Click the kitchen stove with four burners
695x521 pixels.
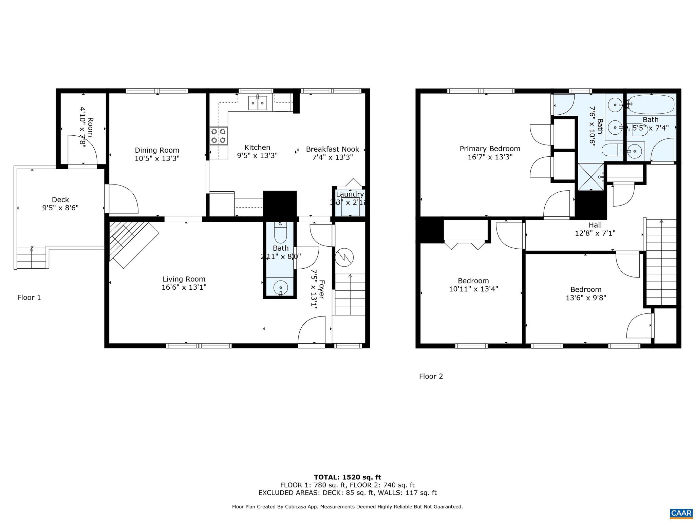[219, 136]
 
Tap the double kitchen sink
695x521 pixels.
[258, 103]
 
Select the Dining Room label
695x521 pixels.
[157, 150]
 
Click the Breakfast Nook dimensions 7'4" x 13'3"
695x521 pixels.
[333, 157]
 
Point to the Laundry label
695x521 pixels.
[350, 194]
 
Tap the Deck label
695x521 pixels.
[60, 200]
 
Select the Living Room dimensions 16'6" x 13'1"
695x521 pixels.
[184, 287]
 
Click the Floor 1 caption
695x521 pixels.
[29, 297]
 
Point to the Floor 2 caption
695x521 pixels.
[431, 376]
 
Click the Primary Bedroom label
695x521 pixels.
[490, 149]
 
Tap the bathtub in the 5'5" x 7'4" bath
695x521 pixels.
[650, 104]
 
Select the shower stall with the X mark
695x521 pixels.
[591, 177]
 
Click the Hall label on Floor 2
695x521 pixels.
[595, 225]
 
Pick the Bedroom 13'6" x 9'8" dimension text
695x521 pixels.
[586, 298]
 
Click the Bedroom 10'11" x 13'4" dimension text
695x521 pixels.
[473, 289]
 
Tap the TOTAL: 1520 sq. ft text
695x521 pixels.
[347, 478]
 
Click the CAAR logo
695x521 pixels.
[681, 513]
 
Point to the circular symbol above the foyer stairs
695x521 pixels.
[344, 258]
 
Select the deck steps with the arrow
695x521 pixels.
[32, 258]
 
